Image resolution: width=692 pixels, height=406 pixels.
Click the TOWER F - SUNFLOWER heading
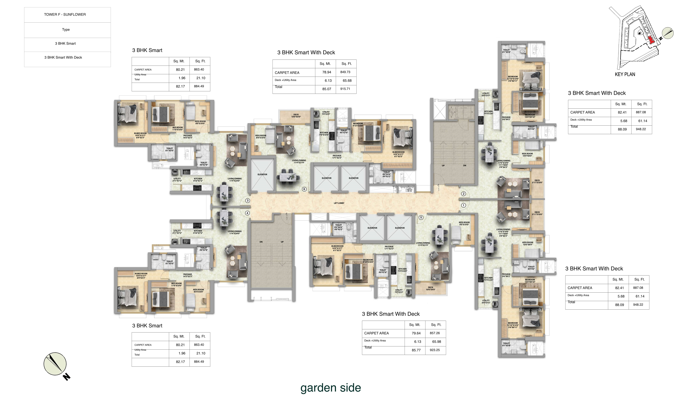tap(65, 15)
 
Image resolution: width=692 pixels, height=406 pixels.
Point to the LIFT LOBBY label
tap(339, 203)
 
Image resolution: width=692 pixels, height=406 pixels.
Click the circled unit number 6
tap(304, 189)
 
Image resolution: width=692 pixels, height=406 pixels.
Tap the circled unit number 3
tap(247, 201)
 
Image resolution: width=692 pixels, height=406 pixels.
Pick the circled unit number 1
tap(464, 205)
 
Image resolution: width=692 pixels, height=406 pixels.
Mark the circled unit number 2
tap(464, 194)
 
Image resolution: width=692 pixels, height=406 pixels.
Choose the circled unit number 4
tap(247, 213)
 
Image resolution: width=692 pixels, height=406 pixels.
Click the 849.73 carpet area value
tap(345, 72)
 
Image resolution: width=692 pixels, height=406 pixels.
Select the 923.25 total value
tap(435, 350)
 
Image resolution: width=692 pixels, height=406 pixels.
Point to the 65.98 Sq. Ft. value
tap(436, 342)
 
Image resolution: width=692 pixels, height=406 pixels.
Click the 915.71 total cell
tap(345, 89)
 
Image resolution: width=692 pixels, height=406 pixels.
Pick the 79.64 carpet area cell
tap(416, 333)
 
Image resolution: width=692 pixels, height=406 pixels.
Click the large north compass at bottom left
tap(55, 364)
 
